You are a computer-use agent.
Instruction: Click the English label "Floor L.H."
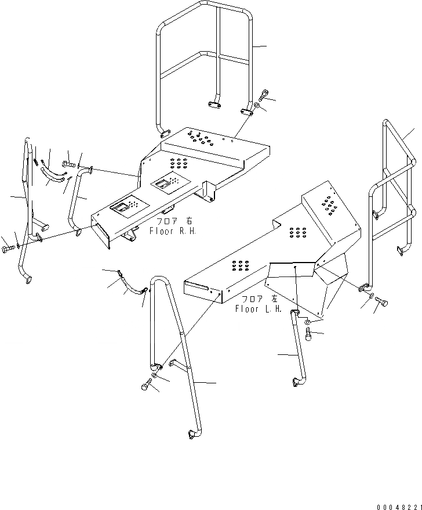258,309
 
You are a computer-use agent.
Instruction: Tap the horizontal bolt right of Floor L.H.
381,302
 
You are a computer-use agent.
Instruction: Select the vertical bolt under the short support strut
307,335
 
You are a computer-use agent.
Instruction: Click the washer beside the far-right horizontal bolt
370,296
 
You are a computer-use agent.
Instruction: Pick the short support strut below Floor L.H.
298,349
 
